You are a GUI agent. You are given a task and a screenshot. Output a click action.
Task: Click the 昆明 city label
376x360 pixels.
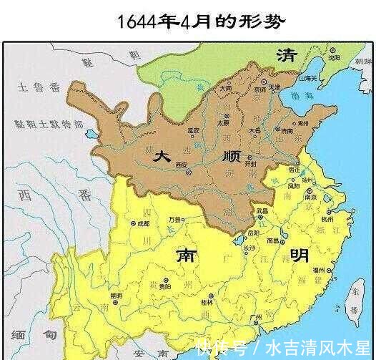116,296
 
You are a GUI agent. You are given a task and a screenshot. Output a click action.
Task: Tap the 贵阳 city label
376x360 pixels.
165,284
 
